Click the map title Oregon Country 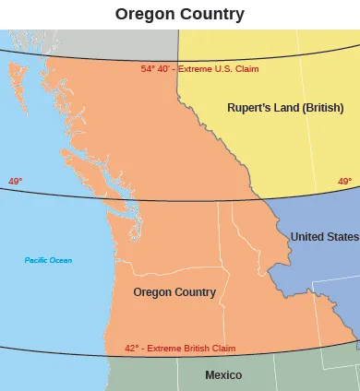tap(180, 14)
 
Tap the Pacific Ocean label tap(48, 260)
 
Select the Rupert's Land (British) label tap(285, 108)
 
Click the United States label tap(324, 237)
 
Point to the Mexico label tap(223, 375)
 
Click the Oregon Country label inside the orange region tap(174, 292)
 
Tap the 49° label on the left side tap(15, 182)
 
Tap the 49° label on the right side tap(344, 182)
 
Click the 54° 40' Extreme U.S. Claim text tap(199, 69)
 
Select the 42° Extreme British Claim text tap(180, 349)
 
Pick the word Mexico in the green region tap(223, 375)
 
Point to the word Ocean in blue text tap(60, 260)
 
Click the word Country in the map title tap(213, 14)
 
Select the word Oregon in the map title tap(146, 14)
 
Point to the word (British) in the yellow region tap(324, 108)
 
